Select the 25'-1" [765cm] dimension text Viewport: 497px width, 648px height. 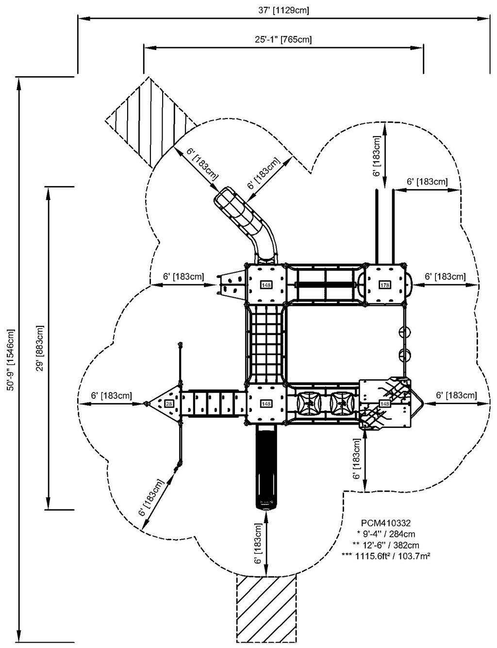click(x=283, y=39)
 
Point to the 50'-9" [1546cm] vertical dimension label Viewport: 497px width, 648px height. click(x=11, y=360)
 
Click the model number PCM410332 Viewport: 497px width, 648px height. click(x=387, y=523)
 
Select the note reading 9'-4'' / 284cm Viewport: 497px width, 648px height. click(x=387, y=534)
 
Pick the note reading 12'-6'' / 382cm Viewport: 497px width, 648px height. click(x=387, y=545)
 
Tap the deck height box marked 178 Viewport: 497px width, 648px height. click(x=385, y=285)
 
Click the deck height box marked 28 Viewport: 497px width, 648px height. click(x=169, y=404)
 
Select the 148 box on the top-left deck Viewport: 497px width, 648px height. click(x=265, y=285)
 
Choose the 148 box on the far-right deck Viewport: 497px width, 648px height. click(x=385, y=404)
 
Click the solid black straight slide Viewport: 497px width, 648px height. click(x=265, y=466)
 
